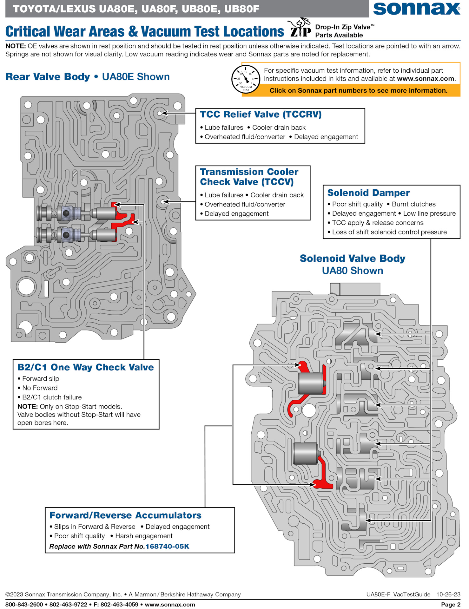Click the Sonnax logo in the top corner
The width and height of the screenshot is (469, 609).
coord(416,9)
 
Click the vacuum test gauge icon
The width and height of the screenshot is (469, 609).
coord(246,79)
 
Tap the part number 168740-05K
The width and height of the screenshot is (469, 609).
coord(167,546)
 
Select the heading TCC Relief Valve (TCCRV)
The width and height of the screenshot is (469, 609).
coord(261,114)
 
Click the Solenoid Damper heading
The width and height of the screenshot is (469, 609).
coord(368,193)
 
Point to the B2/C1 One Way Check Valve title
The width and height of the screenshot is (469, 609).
coord(85,367)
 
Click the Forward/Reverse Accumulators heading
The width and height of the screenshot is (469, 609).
coord(125,515)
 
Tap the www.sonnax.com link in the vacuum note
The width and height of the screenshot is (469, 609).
coord(426,79)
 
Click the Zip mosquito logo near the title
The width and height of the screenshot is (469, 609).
coord(300,28)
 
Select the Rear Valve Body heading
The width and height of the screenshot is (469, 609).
coord(48,77)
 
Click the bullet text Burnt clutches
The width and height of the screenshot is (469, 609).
coord(413,204)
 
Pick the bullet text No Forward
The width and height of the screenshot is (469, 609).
coord(40,388)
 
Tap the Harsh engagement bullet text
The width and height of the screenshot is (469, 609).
coord(144,536)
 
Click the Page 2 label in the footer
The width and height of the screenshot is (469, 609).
coord(450,604)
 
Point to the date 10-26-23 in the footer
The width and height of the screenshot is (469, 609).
coord(448,594)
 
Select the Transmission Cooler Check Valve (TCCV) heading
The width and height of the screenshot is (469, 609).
coord(249,177)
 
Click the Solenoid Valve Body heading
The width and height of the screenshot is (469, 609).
coord(352,259)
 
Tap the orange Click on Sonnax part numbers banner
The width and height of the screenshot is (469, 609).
coord(358,90)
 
